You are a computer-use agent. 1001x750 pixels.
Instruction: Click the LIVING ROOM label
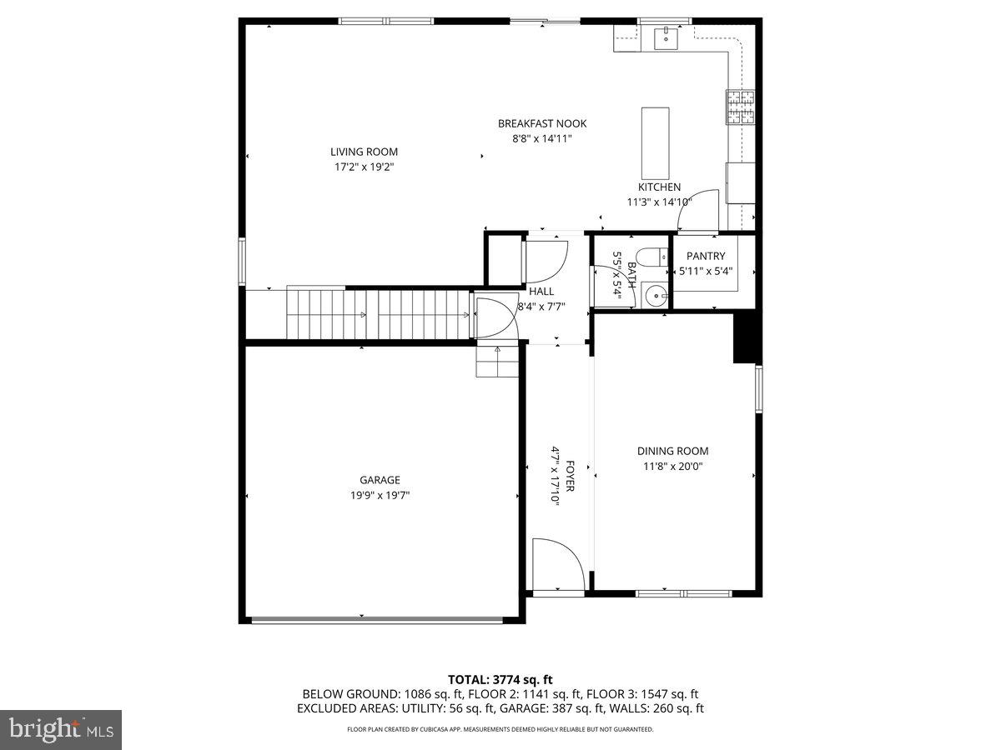pyautogui.click(x=364, y=152)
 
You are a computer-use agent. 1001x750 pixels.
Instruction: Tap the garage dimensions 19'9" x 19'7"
pyautogui.click(x=380, y=495)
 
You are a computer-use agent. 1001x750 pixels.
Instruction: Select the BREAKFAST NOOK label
pyautogui.click(x=542, y=123)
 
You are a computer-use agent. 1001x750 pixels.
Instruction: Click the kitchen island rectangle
pyautogui.click(x=655, y=137)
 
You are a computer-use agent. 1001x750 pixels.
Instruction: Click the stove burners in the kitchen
pyautogui.click(x=740, y=107)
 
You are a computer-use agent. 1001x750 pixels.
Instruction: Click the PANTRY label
pyautogui.click(x=706, y=256)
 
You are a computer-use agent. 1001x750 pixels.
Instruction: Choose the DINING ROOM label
pyautogui.click(x=672, y=451)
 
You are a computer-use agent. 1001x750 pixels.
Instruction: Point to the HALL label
pyautogui.click(x=541, y=292)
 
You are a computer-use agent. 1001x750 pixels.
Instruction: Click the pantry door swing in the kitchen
pyautogui.click(x=697, y=210)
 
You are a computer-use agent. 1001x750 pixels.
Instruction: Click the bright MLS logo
pyautogui.click(x=61, y=730)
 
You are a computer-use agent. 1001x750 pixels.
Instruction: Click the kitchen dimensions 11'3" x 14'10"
pyautogui.click(x=659, y=202)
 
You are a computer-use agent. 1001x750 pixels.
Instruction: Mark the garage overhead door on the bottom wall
pyautogui.click(x=378, y=619)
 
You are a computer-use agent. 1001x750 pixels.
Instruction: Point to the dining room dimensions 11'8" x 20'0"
pyautogui.click(x=672, y=467)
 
